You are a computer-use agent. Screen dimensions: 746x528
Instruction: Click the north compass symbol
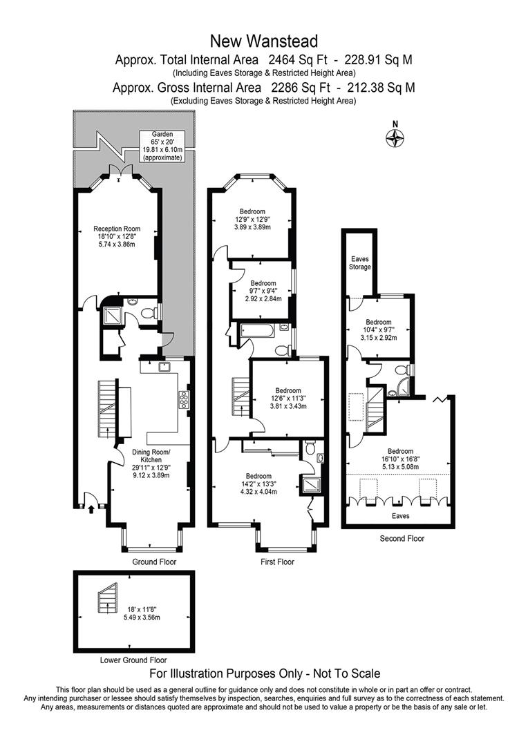394,137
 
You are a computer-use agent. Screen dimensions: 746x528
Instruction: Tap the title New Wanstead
264,42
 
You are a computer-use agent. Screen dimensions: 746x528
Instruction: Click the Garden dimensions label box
163,146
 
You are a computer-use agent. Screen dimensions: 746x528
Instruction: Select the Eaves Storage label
359,263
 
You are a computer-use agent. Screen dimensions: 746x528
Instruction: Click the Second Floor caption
402,538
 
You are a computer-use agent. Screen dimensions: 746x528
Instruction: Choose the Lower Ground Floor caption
133,660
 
